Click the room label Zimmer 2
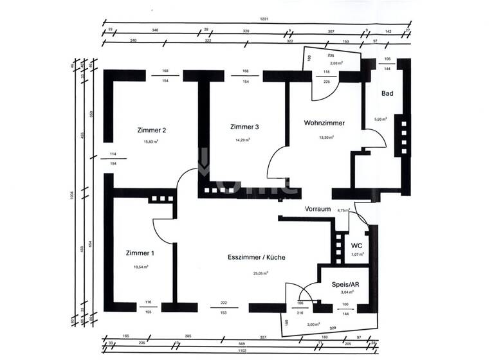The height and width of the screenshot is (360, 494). point(152,130)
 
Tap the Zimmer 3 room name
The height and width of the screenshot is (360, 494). point(244,127)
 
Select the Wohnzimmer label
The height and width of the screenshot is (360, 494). point(324,123)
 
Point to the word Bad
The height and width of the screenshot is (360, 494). point(387,94)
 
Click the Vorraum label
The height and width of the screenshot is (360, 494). point(318,209)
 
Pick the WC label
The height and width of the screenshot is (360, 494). point(357,245)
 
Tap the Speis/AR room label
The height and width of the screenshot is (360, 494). point(345,283)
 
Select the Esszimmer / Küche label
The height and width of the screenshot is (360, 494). point(257,257)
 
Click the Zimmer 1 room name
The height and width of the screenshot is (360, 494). point(140,253)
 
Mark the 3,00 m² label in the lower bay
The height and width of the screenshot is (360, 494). point(313,324)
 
